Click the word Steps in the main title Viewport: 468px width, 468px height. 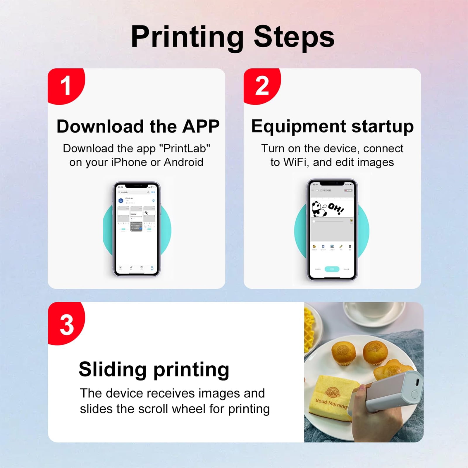coord(294,37)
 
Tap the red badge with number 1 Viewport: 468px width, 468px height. coord(66,86)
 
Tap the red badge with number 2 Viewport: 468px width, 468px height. coord(261,86)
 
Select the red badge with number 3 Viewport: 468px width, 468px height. coord(66,325)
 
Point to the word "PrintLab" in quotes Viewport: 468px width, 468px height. coord(185,149)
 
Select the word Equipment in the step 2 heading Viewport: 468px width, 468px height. coord(299,126)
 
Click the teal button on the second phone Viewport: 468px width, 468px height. coord(332,269)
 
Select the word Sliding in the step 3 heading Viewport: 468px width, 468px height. coord(113,369)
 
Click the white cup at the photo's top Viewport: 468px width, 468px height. coord(374,313)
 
